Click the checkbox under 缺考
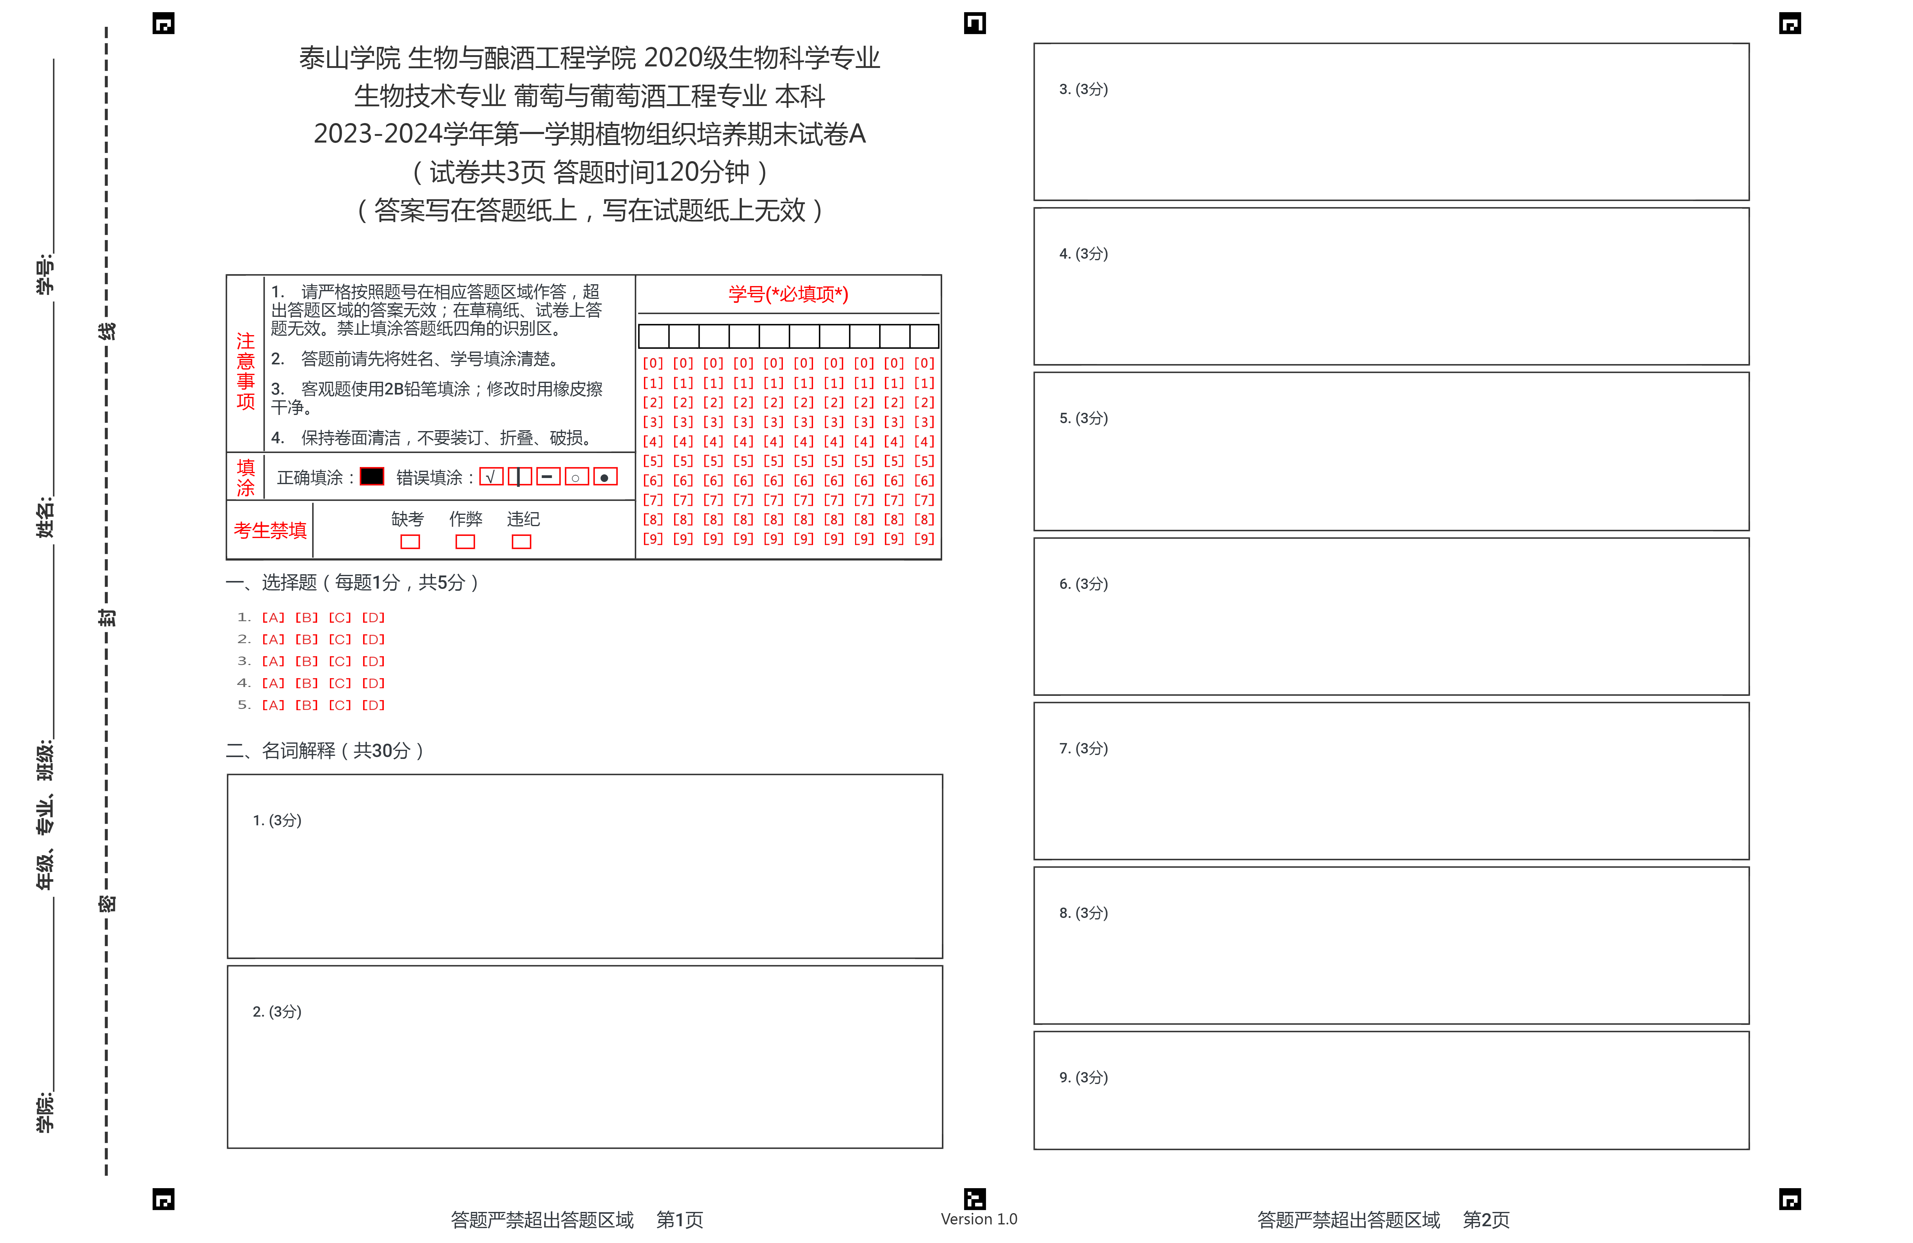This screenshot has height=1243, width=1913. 410,542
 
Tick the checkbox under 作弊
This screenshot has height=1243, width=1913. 465,542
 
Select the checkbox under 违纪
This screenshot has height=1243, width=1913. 522,542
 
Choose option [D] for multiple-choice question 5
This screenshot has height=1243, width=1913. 373,705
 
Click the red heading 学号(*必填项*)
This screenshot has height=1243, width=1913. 788,294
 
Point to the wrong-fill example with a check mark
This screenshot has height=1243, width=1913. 491,477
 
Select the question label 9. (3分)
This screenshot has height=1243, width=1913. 1083,1077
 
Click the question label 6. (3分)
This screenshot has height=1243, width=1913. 1083,584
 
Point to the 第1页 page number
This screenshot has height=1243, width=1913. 679,1220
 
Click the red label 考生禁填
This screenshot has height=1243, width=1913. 270,531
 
